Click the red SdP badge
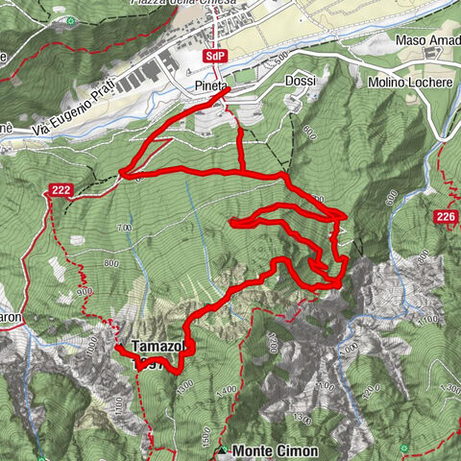[x=215, y=56]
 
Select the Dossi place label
[x=301, y=83]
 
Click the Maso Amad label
[x=427, y=40]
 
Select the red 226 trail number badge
[x=444, y=218]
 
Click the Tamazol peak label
[x=155, y=346]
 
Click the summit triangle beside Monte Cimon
[x=224, y=450]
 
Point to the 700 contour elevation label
[x=124, y=227]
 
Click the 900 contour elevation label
[x=85, y=290]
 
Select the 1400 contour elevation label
[x=228, y=390]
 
